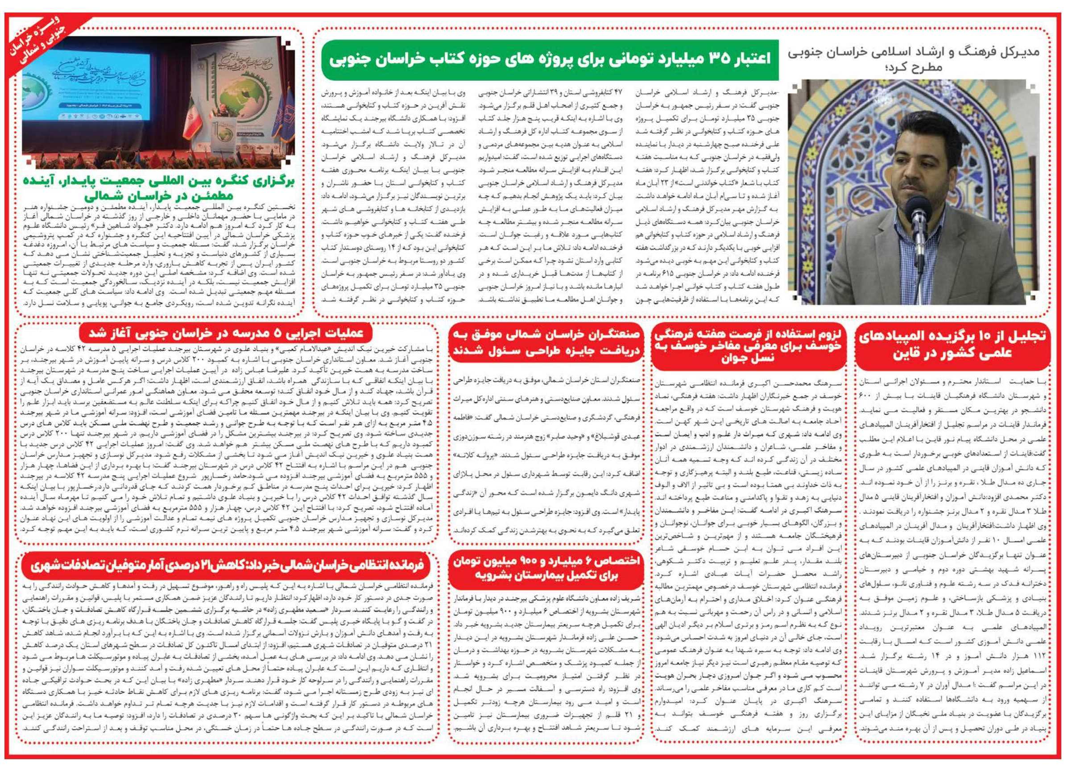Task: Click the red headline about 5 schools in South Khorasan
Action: [x=226, y=333]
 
